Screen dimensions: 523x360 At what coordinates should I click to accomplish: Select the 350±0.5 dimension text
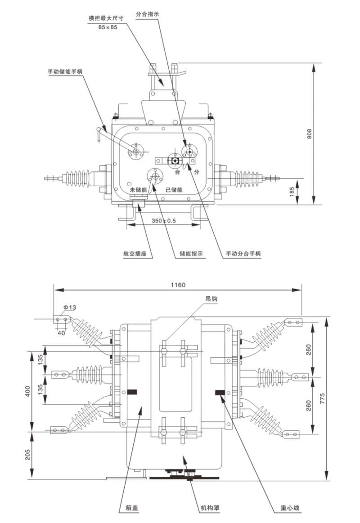coord(164,221)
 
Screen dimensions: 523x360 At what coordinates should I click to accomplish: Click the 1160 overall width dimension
coord(178,285)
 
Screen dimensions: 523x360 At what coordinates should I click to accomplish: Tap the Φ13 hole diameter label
coord(70,307)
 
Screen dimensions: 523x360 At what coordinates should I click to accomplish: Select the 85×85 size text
coord(108,27)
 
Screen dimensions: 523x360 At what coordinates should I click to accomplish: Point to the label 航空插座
coord(135,254)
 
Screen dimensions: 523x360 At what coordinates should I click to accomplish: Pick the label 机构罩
coord(209,509)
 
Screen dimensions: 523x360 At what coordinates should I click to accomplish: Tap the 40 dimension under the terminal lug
coord(63,333)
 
